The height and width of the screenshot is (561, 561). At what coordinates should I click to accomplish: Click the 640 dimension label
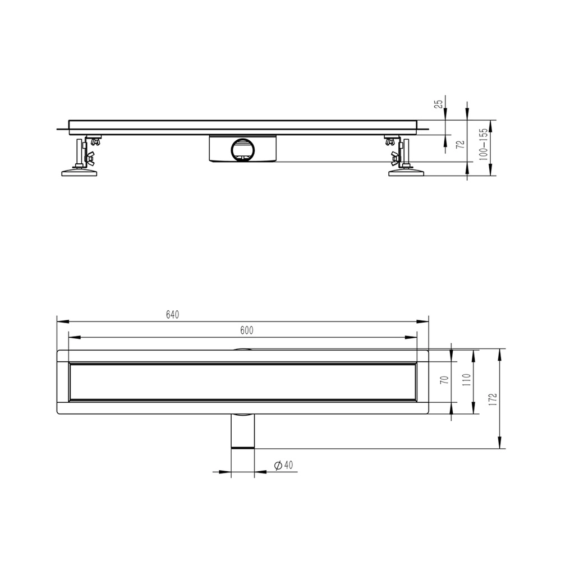[172, 315]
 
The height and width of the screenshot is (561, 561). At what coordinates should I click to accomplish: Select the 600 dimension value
[247, 330]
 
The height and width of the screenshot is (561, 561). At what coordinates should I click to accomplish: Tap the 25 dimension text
[439, 104]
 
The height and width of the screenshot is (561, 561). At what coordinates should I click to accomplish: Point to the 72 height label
[461, 144]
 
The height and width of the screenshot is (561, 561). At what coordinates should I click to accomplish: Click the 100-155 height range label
[484, 144]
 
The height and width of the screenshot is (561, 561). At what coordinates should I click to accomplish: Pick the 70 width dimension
[445, 380]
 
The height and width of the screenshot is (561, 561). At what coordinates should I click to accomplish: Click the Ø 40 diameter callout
[283, 465]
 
